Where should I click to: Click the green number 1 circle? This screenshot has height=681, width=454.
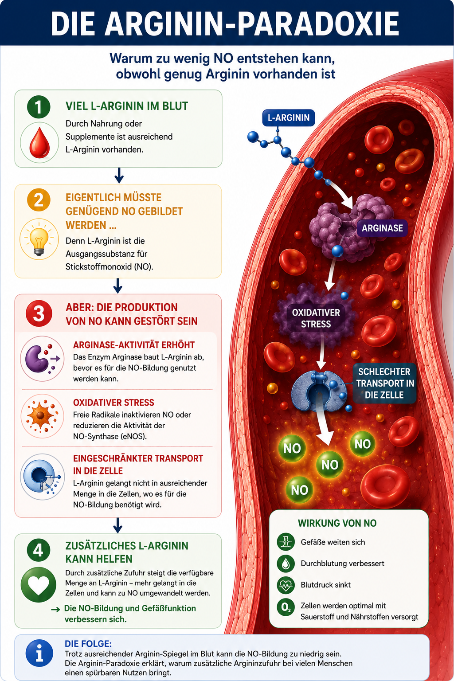click(39, 107)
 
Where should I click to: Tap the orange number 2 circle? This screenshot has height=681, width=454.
click(39, 200)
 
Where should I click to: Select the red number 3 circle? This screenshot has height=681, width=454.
click(39, 313)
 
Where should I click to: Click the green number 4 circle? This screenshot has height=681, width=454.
click(39, 550)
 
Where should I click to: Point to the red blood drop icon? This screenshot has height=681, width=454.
click(39, 143)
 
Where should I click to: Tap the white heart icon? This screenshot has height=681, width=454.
click(39, 585)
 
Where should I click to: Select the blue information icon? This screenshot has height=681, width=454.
click(39, 653)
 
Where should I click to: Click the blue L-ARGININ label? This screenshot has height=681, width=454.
click(289, 117)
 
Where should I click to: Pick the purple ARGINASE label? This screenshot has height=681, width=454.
click(382, 228)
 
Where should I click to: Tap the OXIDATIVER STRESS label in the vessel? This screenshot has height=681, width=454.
click(316, 318)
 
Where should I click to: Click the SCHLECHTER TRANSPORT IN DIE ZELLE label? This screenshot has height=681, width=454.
click(385, 383)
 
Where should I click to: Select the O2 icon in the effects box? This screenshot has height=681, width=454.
click(286, 607)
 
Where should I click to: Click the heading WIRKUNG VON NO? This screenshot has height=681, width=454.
click(337, 523)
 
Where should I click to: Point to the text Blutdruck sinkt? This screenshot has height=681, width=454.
click(326, 585)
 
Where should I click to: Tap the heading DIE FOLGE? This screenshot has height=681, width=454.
click(88, 644)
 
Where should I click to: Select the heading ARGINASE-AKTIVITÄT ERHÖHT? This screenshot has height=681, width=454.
click(134, 345)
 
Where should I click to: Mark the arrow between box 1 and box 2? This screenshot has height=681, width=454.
click(119, 176)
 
